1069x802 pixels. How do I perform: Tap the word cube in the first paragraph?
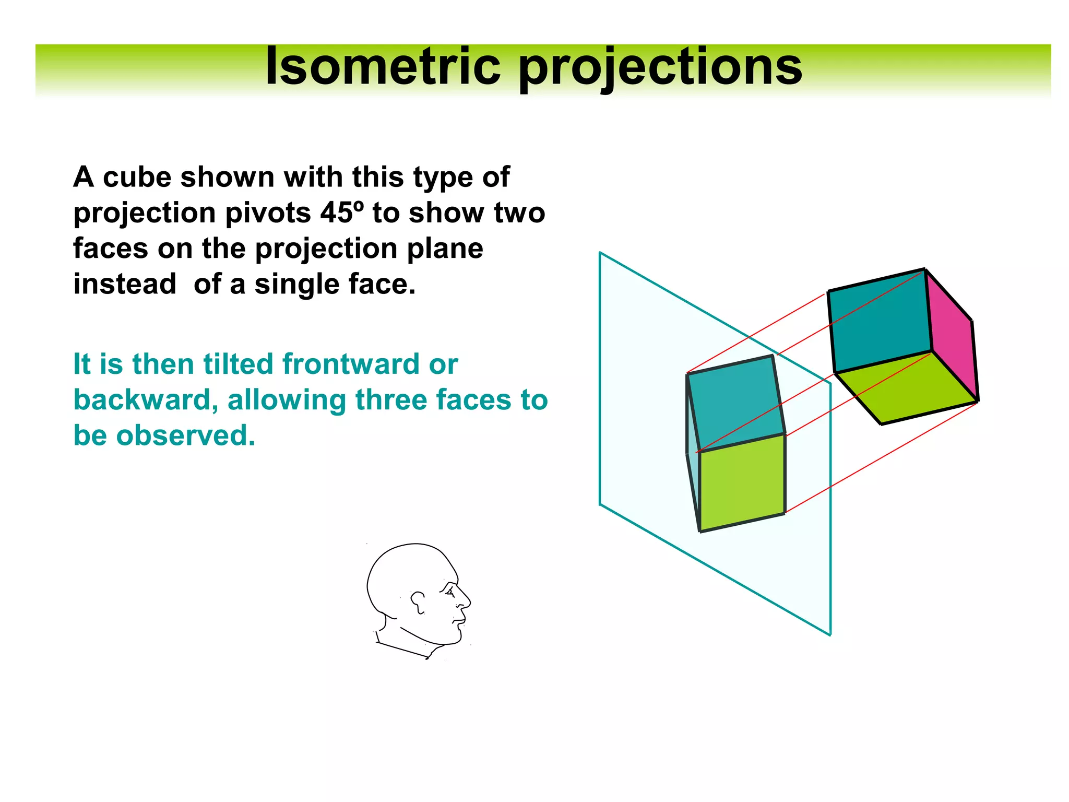[x=137, y=177]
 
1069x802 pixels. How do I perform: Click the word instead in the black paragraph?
[x=125, y=285]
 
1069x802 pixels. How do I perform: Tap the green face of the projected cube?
[x=742, y=483]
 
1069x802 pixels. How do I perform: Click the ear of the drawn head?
[x=418, y=601]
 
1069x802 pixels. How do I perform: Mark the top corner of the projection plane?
[x=600, y=253]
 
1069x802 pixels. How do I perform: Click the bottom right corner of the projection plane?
[x=830, y=635]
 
